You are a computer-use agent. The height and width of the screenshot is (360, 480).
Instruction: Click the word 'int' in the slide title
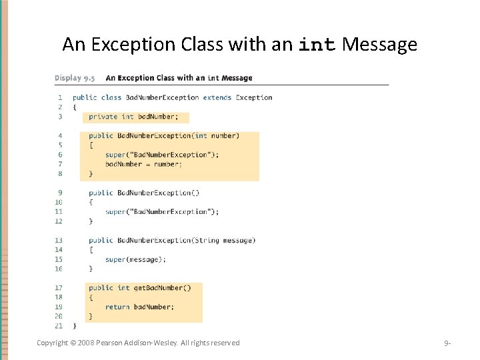[317, 45]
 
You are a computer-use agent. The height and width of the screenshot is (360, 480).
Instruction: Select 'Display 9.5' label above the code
[75, 78]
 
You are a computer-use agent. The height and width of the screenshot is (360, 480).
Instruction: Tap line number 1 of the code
[60, 97]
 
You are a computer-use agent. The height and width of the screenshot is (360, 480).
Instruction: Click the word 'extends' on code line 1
[217, 97]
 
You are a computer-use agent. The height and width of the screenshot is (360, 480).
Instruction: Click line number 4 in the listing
[60, 135]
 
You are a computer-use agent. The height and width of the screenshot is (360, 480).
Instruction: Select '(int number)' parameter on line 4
[215, 135]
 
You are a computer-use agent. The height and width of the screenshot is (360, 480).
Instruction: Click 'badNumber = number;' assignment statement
[143, 164]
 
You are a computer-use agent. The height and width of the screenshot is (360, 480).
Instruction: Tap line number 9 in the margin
[60, 193]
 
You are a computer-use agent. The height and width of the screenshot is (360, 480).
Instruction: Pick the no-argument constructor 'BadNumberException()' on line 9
[158, 193]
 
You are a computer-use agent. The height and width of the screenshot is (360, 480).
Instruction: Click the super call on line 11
[161, 212]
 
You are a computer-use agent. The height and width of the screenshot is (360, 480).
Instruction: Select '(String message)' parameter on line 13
[223, 240]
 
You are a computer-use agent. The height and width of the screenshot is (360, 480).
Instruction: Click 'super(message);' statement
[135, 259]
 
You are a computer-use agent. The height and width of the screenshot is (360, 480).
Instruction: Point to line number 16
[59, 269]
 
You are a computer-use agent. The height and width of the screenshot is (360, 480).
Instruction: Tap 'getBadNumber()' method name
[163, 288]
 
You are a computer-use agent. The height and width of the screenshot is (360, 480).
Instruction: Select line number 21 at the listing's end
[59, 326]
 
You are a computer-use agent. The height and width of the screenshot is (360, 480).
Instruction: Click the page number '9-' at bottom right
[447, 343]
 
